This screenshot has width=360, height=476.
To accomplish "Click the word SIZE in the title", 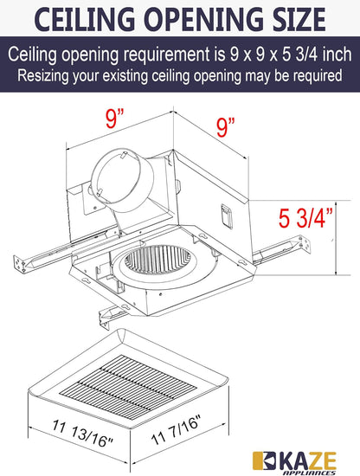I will (281, 18).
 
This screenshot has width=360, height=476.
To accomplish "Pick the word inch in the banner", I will (335, 53).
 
